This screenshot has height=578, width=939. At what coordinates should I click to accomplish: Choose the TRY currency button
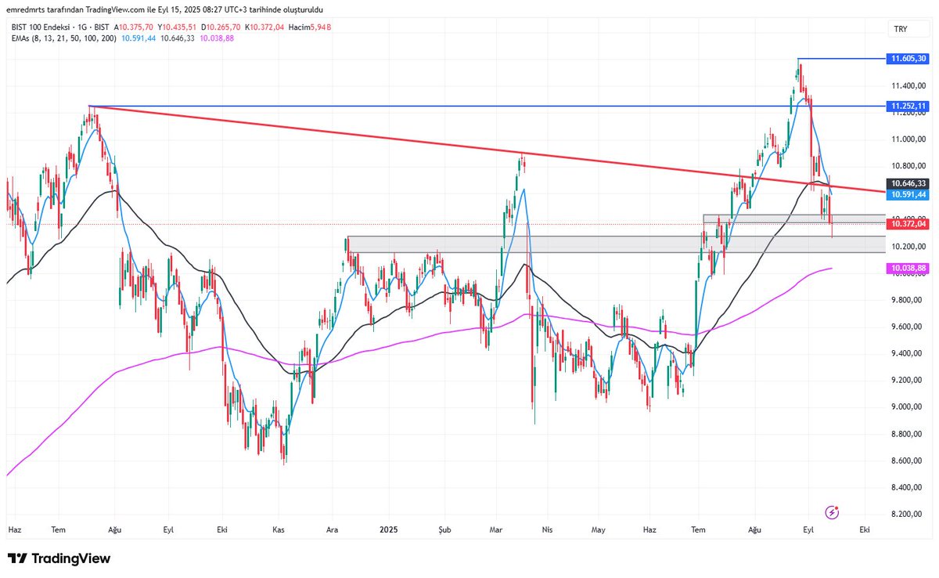900,29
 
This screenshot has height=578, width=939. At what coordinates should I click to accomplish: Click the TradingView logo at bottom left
59,558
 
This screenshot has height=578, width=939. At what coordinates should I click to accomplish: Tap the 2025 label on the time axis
390,529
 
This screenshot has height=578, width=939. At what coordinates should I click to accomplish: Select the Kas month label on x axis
278,529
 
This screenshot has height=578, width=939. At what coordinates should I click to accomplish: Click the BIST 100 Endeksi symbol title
44,27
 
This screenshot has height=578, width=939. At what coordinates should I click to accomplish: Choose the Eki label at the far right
865,529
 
